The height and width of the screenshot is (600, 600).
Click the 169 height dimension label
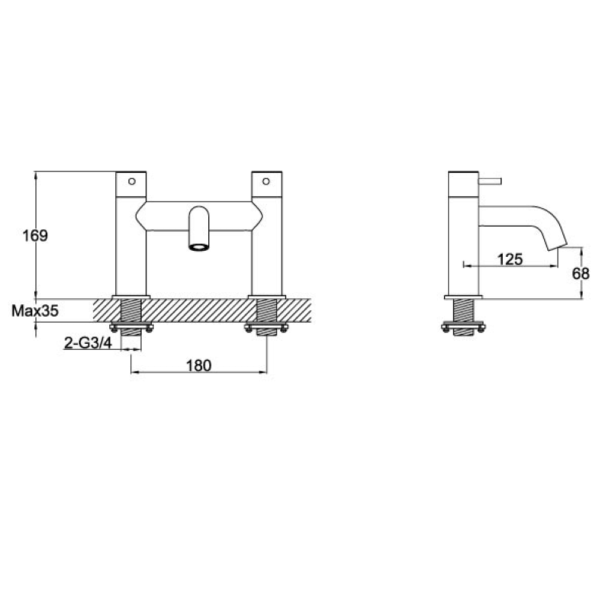click(35, 235)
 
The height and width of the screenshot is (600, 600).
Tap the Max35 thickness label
click(35, 311)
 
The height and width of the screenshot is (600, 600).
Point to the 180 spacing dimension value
click(198, 365)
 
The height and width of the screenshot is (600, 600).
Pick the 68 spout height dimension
click(581, 273)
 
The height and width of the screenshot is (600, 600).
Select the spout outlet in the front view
click(199, 246)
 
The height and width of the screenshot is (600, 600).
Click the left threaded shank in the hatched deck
click(131, 311)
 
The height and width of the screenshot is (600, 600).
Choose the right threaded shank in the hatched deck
click(266, 311)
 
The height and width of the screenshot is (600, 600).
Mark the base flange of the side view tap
click(463, 296)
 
